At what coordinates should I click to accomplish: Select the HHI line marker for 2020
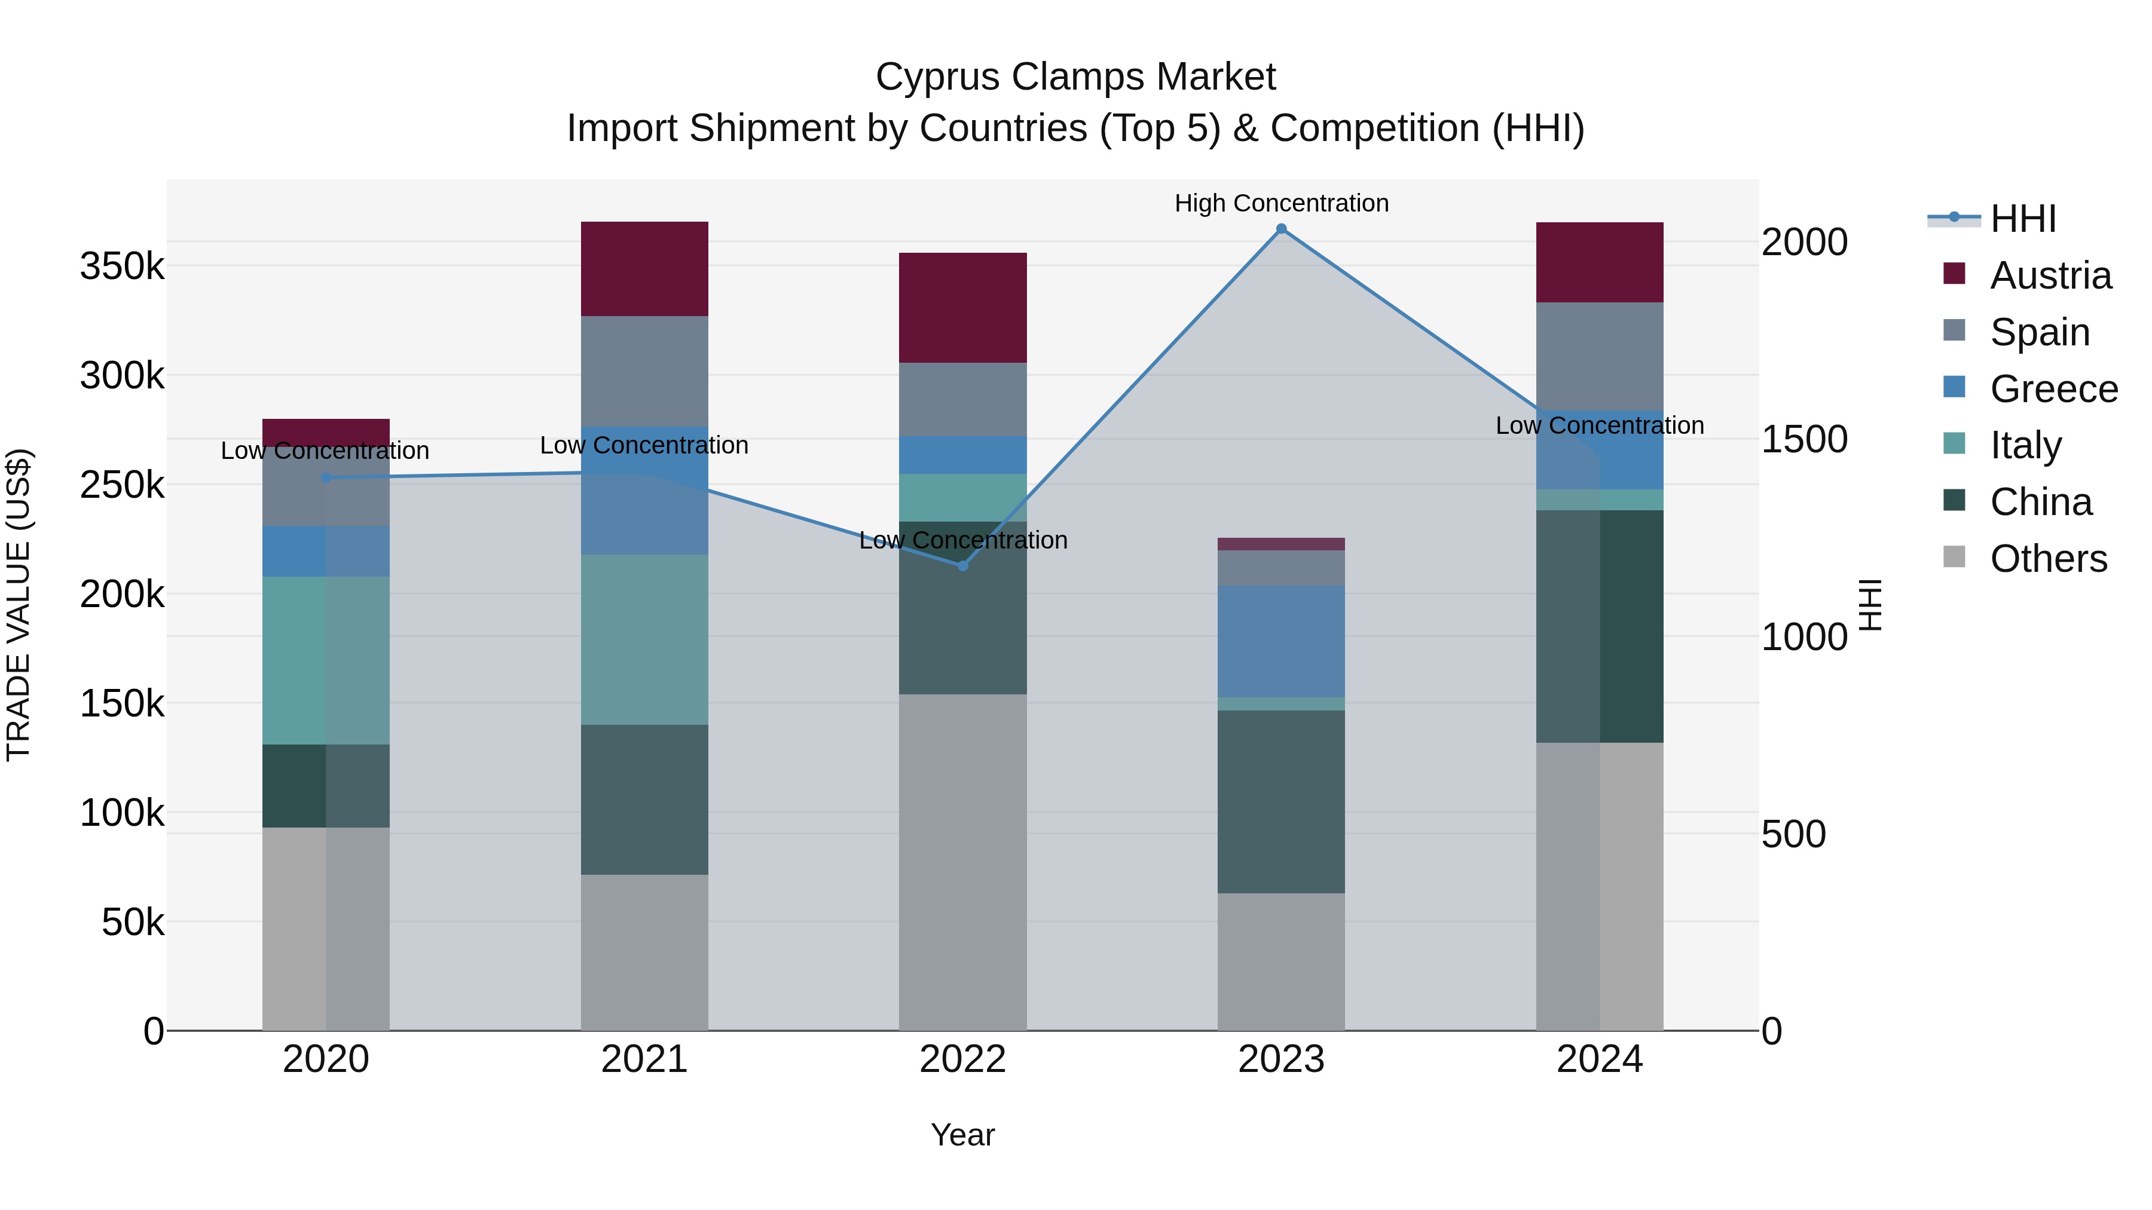click(x=326, y=477)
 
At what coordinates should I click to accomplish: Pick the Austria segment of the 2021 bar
click(x=644, y=269)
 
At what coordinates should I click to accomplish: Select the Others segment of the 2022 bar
click(x=962, y=862)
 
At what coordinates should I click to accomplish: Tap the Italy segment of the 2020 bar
click(x=326, y=660)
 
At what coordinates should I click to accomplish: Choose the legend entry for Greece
click(x=2053, y=389)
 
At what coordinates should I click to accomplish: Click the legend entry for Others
click(x=2049, y=559)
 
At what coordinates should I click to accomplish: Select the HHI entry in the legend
click(x=2022, y=219)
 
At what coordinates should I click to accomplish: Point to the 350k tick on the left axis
click(x=122, y=266)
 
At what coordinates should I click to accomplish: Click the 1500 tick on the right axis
click(x=1805, y=439)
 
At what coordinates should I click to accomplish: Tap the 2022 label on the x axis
click(x=962, y=1059)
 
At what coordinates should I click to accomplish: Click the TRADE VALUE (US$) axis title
click(x=19, y=605)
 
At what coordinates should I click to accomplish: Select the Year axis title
click(x=962, y=1135)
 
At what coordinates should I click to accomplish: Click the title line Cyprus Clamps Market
click(x=1075, y=77)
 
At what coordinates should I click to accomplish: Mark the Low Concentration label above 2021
click(x=644, y=445)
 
